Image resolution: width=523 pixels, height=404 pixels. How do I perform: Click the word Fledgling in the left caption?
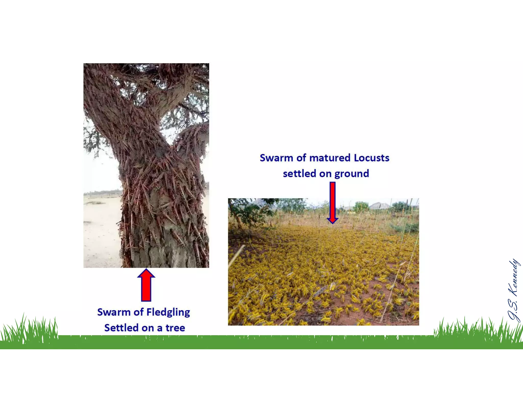click(168, 312)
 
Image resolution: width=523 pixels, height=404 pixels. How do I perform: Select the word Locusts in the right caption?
click(372, 158)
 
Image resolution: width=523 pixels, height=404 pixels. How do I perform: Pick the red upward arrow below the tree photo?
click(146, 285)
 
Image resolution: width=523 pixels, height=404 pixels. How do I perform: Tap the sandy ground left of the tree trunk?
click(101, 235)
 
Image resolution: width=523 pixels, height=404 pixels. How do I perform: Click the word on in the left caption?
click(149, 328)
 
